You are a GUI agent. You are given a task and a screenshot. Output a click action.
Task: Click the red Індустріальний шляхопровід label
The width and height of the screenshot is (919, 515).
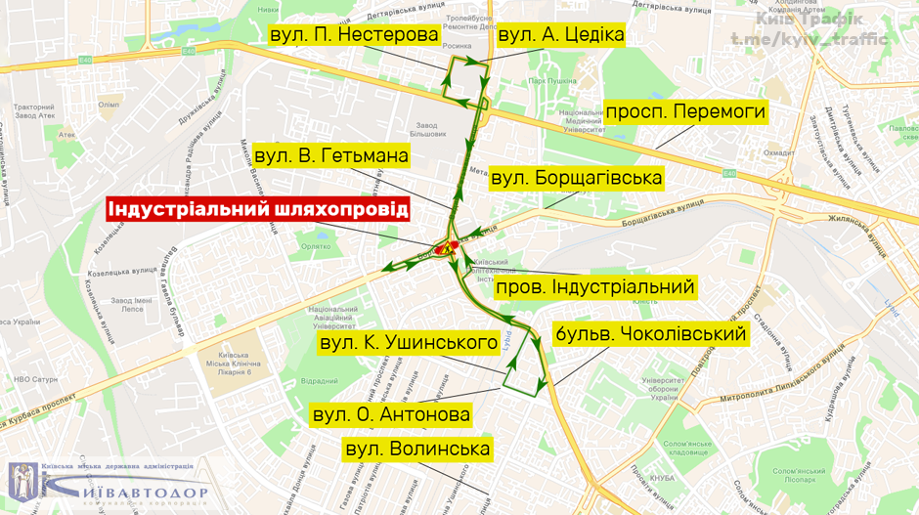coord(258,210)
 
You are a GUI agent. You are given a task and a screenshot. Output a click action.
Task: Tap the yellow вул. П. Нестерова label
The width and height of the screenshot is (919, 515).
coord(353,35)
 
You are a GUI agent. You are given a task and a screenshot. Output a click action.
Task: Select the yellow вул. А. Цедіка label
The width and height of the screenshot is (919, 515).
coord(560,35)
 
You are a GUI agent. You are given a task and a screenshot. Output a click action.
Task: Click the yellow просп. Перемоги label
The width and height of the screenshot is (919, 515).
coord(684,111)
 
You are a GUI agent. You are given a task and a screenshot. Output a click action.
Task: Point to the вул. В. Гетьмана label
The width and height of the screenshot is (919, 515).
coord(330,156)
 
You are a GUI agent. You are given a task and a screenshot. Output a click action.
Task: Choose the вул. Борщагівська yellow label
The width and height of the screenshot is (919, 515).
coord(576,178)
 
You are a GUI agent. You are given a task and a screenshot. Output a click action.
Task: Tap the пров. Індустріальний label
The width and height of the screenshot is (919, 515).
coord(595,287)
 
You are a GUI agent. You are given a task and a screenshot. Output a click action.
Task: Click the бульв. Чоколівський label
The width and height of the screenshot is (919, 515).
coord(650,334)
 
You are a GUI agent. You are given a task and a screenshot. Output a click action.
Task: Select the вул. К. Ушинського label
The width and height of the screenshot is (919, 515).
coord(410,343)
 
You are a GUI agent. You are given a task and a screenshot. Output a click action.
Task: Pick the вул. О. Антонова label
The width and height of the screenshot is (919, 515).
coord(390,414)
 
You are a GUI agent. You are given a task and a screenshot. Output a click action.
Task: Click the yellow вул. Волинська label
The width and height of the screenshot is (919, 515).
coord(416,450)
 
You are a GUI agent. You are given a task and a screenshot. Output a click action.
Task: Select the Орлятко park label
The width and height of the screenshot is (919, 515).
coord(316,247)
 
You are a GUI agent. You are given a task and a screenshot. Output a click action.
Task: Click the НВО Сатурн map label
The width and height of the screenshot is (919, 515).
coord(26,378)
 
